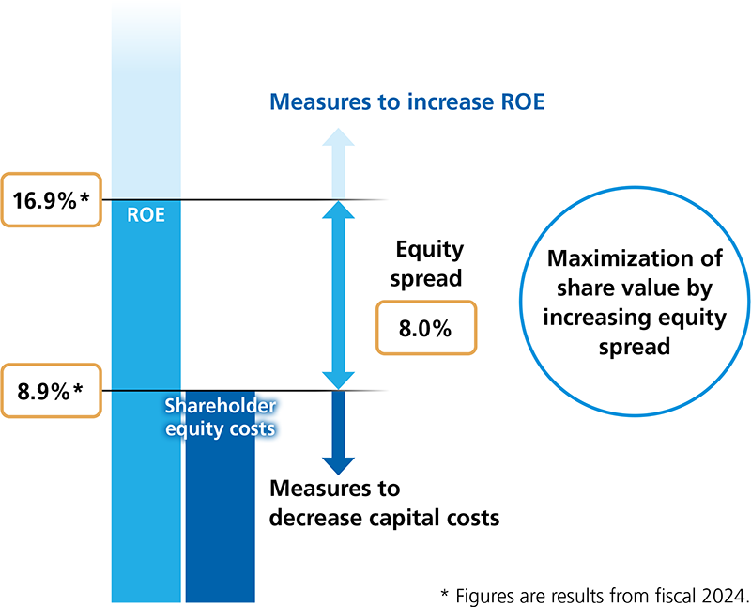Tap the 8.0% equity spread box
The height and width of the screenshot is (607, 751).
pos(425,328)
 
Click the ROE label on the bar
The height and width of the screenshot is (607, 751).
pos(146,214)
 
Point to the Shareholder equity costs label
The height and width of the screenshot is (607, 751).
pos(220,416)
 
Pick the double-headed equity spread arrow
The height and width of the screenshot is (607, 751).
pos(337,295)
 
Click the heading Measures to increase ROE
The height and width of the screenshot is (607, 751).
pos(406,101)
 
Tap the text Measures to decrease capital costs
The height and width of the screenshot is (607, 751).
pos(384,503)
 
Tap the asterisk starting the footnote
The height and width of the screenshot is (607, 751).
pos(444,593)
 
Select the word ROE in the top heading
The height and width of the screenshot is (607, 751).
pos(519,101)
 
